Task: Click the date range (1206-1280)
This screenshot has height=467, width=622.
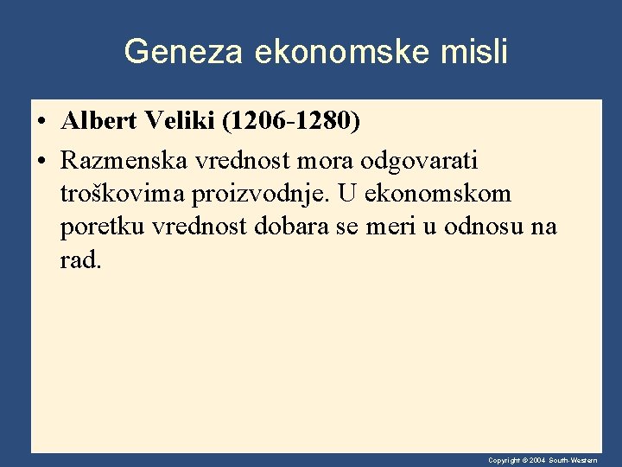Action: (x=291, y=122)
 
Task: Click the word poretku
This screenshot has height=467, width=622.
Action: (x=103, y=227)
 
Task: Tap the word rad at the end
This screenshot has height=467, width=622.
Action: (x=79, y=260)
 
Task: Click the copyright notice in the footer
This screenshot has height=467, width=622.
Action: (x=542, y=460)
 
